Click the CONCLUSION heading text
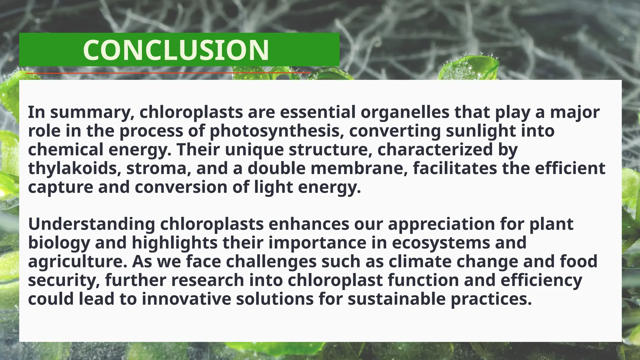176,50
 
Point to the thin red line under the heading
169,73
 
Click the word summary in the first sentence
92,112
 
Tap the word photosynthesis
274,131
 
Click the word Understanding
92,224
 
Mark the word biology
59,243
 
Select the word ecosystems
441,243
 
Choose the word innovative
186,299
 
